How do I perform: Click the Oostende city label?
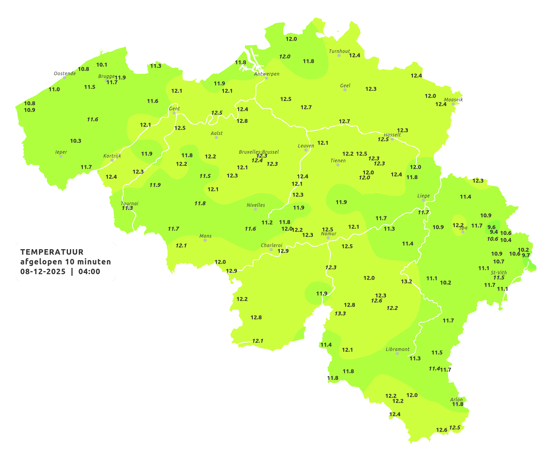(x=65, y=73)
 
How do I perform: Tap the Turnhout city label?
(x=339, y=51)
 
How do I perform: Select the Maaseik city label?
(x=453, y=100)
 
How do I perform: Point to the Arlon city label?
(x=456, y=400)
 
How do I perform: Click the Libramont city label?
(x=397, y=349)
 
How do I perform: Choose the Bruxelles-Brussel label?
(x=259, y=152)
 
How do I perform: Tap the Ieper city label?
(x=61, y=152)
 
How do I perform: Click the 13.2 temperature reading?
(x=406, y=281)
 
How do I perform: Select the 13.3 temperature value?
(x=340, y=313)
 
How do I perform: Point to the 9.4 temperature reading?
(x=494, y=232)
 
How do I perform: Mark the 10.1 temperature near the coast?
(x=102, y=65)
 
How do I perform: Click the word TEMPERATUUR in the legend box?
(x=52, y=252)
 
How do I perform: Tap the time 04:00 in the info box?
(x=89, y=271)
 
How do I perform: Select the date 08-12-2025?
(x=43, y=271)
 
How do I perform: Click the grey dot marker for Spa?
(x=463, y=232)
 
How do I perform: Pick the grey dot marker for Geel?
(x=345, y=90)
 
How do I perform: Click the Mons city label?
(x=205, y=236)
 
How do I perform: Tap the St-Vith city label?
(x=499, y=273)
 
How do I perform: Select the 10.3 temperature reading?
(x=76, y=141)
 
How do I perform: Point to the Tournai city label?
(x=129, y=203)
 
